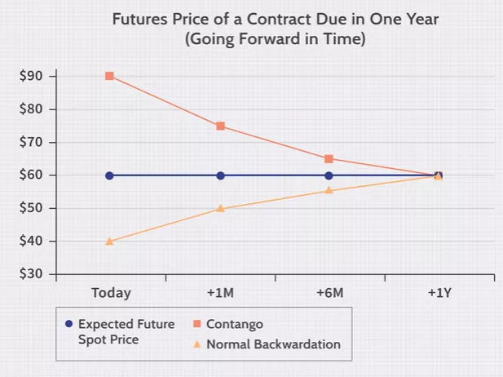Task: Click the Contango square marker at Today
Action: (x=109, y=76)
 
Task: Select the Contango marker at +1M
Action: (x=220, y=126)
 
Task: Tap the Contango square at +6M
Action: (x=329, y=159)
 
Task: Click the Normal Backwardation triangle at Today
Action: (x=109, y=242)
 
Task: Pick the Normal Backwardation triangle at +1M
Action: (x=220, y=208)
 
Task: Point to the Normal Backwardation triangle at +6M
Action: (x=329, y=190)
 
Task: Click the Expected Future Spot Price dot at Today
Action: (x=109, y=175)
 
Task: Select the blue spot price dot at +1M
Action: (x=220, y=175)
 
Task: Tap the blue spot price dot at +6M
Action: (x=329, y=175)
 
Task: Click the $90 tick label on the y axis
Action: (x=32, y=76)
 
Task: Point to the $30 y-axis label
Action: (x=32, y=274)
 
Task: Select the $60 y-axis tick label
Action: (x=32, y=175)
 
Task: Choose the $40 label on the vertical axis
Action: (x=32, y=242)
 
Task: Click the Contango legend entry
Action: (x=234, y=324)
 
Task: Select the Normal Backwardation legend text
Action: (x=273, y=344)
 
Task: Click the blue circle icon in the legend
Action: (x=69, y=324)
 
